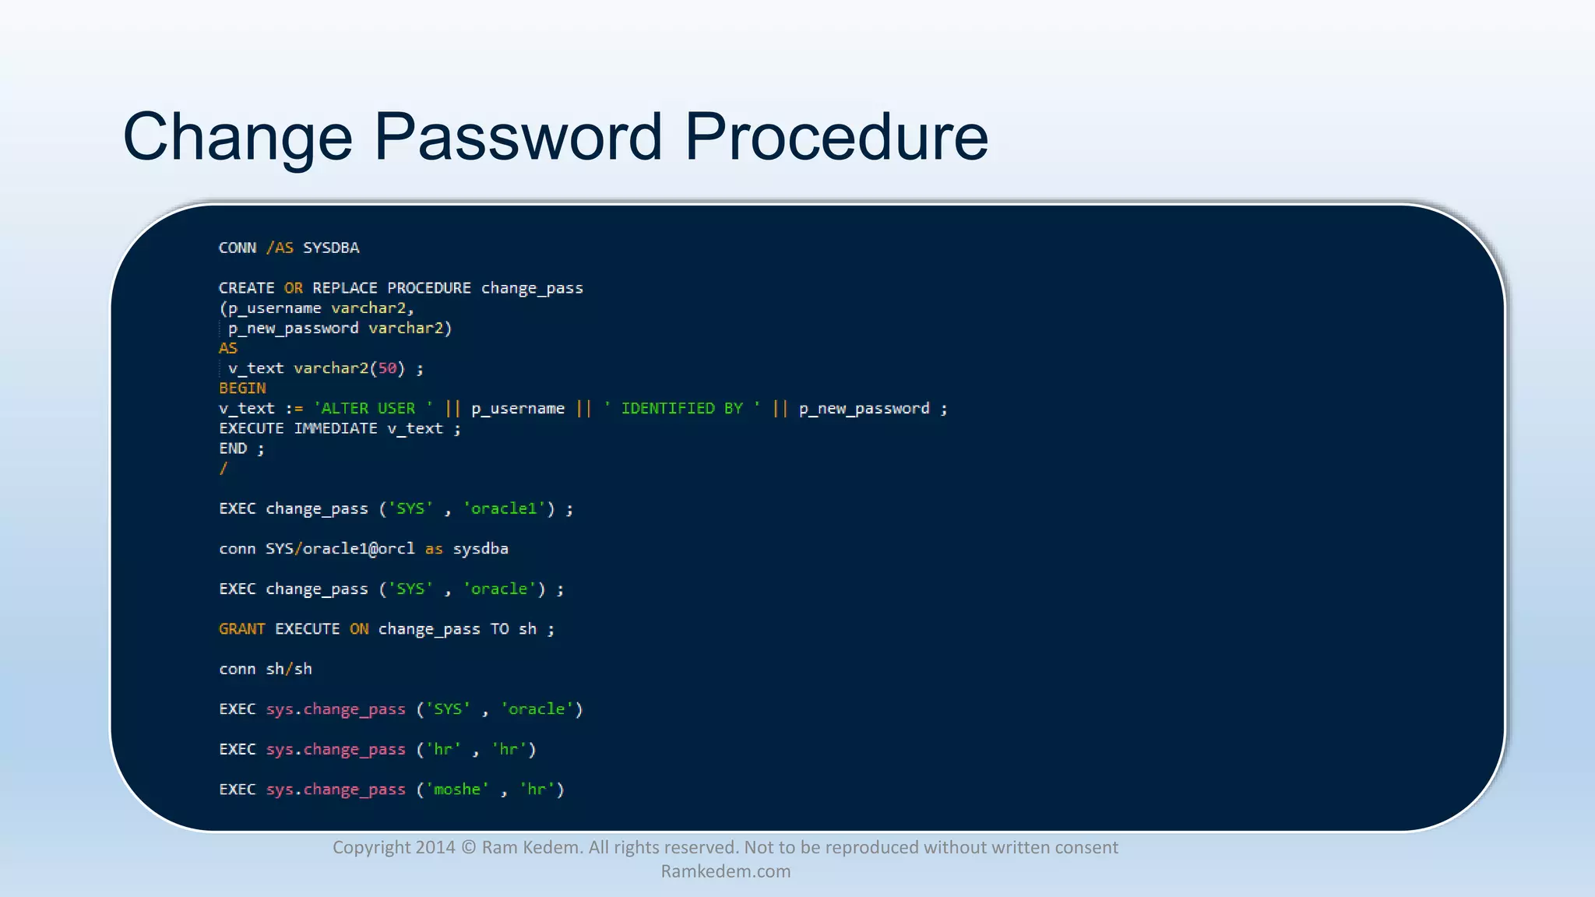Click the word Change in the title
[x=238, y=137]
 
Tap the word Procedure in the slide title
[x=836, y=137]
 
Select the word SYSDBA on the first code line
[x=331, y=248]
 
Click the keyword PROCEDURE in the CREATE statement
[x=429, y=288]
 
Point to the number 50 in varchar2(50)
[x=387, y=368]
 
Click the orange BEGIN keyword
[x=242, y=388]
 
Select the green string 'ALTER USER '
[x=373, y=408]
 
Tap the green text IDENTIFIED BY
[x=681, y=408]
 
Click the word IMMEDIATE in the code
[x=336, y=428]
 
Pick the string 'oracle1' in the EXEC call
[x=505, y=508]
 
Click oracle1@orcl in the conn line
[x=358, y=548]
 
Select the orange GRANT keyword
[x=242, y=628]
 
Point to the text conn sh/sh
[x=266, y=669]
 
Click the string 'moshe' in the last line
[x=457, y=789]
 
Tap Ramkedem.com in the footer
[x=725, y=871]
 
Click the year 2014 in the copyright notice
[x=435, y=847]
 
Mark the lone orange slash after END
[x=224, y=468]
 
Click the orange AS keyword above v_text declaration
[x=228, y=348]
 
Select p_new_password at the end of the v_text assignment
[x=864, y=408]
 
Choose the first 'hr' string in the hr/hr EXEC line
[x=442, y=749]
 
